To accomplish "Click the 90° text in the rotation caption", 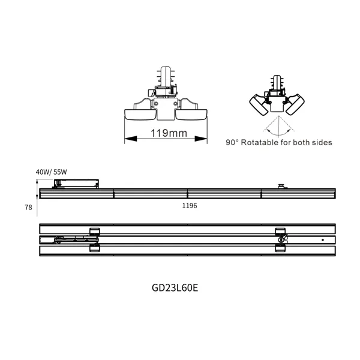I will point(232,143).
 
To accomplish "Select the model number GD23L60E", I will point(175,287).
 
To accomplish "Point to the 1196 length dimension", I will point(189,205).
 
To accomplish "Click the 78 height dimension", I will point(28,207).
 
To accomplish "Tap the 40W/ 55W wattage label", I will point(51,172).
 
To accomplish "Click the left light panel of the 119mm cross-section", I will point(139,115).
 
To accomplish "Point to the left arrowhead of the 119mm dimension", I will point(126,139).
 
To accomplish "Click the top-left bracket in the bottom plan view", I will point(94,231).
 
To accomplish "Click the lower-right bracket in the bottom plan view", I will point(280,247).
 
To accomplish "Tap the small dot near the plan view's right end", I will point(322,240).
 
